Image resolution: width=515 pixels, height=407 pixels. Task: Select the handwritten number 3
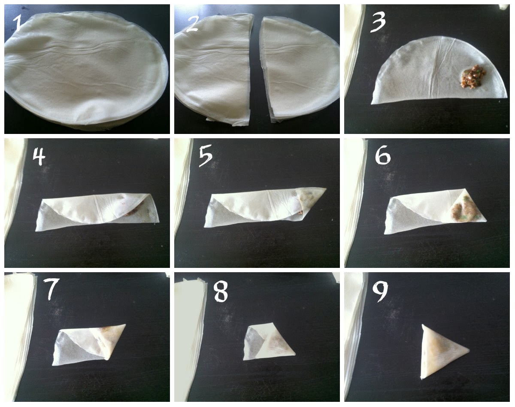378,22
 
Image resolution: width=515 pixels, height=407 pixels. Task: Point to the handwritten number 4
39,157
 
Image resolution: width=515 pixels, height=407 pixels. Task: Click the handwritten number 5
206,155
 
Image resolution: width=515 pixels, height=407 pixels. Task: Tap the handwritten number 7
51,289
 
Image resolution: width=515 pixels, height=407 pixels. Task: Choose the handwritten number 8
221,292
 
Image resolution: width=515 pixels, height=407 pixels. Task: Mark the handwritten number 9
381,292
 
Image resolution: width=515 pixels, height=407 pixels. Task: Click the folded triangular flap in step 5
310,201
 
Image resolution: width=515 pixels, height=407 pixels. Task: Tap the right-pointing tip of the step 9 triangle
470,350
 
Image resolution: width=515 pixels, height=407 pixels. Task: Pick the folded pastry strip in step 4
97,212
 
